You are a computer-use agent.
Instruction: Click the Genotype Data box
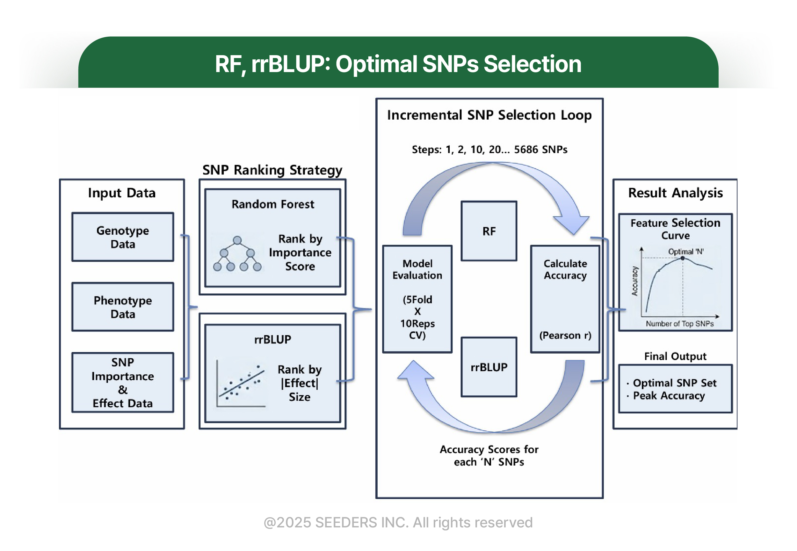[122, 237]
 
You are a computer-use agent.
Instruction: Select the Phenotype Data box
[122, 307]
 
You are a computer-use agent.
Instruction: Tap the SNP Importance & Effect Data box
[122, 383]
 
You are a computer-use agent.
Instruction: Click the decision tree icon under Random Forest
[237, 254]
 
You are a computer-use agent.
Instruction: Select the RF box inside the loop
[489, 231]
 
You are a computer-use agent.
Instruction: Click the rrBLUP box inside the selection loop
[489, 367]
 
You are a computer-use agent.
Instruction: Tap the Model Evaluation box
[417, 299]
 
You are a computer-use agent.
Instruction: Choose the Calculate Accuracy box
[565, 299]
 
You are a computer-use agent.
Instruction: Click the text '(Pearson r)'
[565, 335]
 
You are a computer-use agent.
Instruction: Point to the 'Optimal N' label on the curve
[685, 251]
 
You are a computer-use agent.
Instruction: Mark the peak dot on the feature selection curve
[683, 258]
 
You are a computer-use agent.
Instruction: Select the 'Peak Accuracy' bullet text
[669, 396]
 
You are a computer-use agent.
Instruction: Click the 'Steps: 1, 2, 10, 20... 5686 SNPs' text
[489, 150]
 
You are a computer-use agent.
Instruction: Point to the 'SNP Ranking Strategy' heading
[272, 170]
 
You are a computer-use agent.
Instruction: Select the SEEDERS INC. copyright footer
[398, 522]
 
